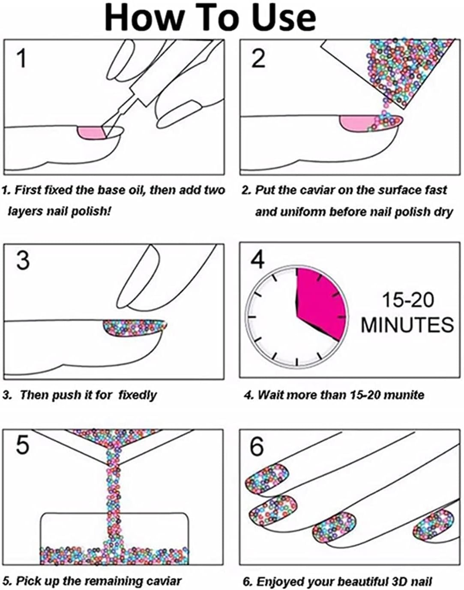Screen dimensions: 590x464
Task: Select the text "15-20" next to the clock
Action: click(407, 300)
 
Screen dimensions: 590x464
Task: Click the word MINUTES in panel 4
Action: click(407, 325)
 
